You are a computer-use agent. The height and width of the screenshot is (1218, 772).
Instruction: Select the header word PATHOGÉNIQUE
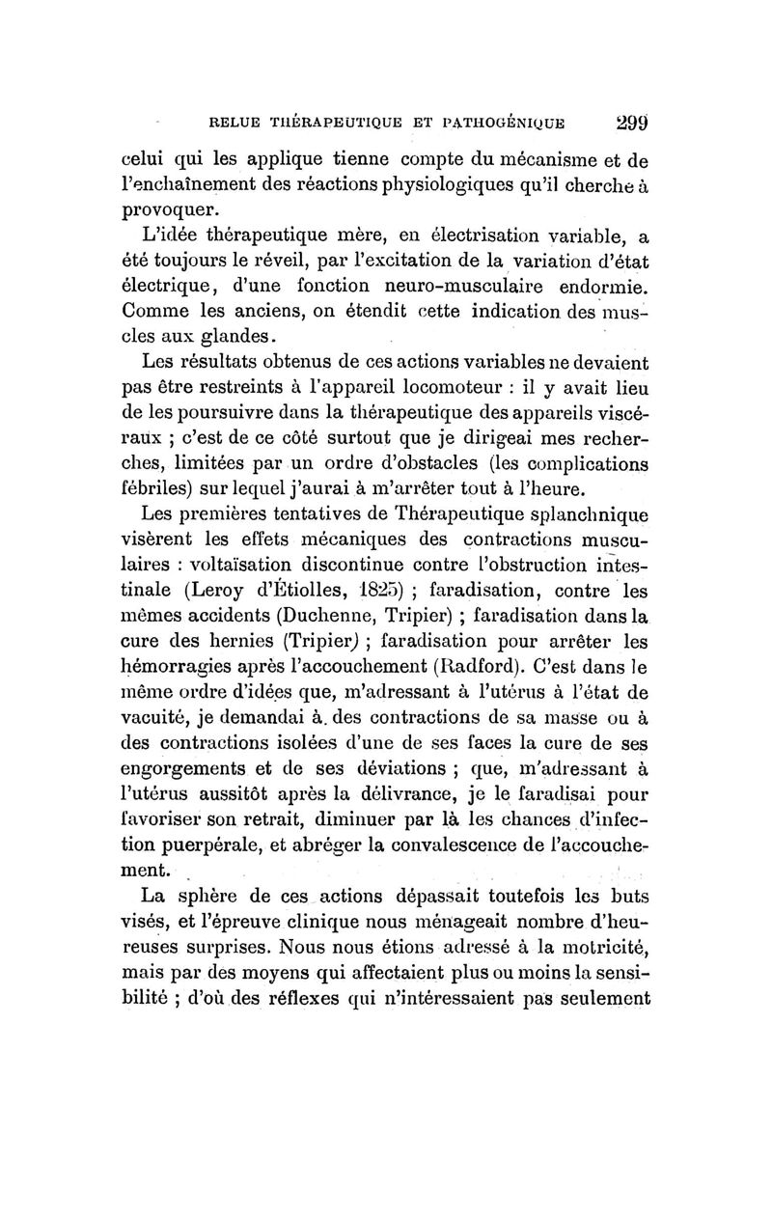tap(493, 123)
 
